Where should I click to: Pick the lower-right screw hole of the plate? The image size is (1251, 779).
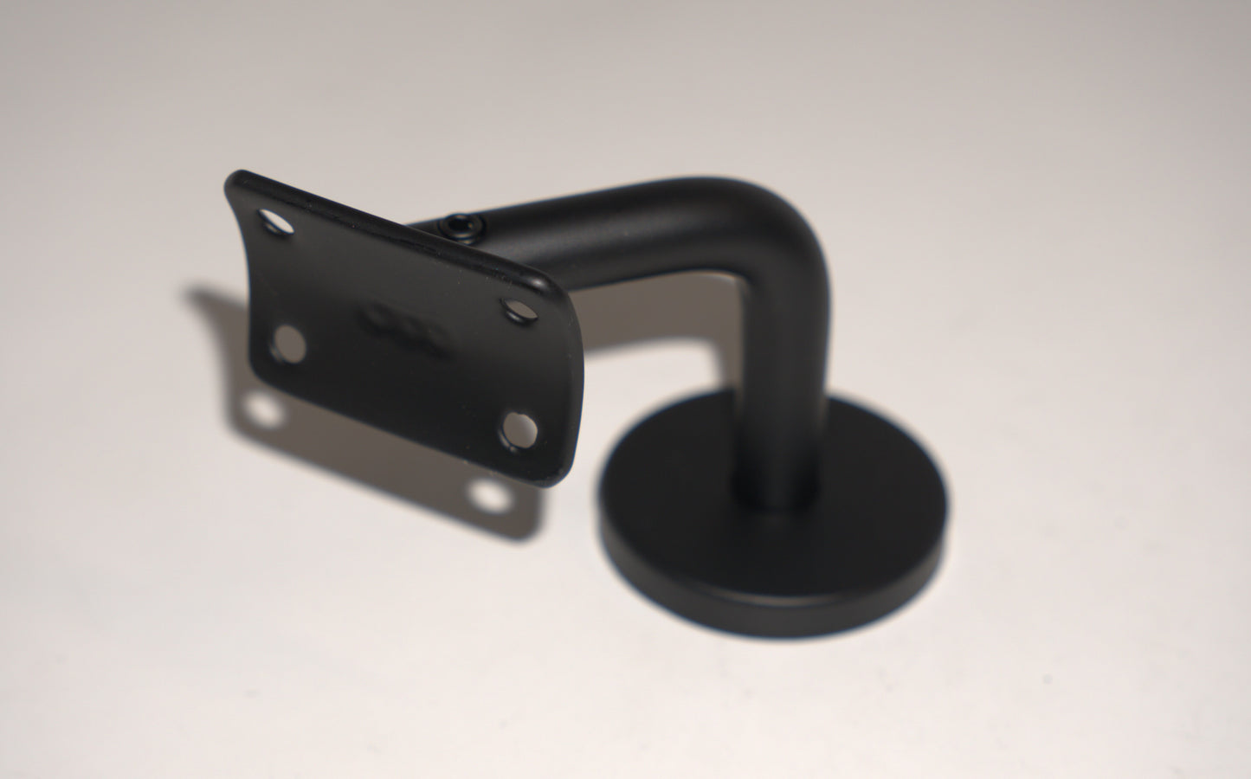point(519,428)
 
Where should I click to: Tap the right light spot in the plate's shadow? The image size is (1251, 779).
point(490,496)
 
